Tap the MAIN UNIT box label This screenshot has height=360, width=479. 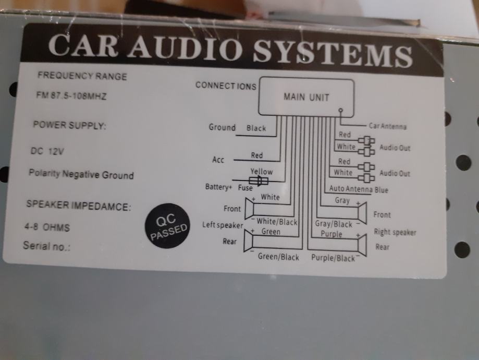click(306, 97)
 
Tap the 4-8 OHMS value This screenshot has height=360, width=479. click(47, 227)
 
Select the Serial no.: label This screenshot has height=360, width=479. click(46, 245)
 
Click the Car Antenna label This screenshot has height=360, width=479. click(387, 126)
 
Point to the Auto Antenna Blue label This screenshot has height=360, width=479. click(359, 189)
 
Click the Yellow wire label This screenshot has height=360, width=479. click(261, 171)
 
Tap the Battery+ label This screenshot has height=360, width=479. click(218, 187)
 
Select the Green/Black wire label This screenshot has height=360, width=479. click(278, 257)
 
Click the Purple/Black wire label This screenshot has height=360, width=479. click(333, 258)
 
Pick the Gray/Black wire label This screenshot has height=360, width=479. click(334, 224)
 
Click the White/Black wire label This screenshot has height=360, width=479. click(277, 222)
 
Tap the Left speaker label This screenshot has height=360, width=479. click(223, 225)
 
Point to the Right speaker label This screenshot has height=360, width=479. click(395, 232)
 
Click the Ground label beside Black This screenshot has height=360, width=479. click(222, 127)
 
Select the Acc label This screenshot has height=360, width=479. click(218, 160)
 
